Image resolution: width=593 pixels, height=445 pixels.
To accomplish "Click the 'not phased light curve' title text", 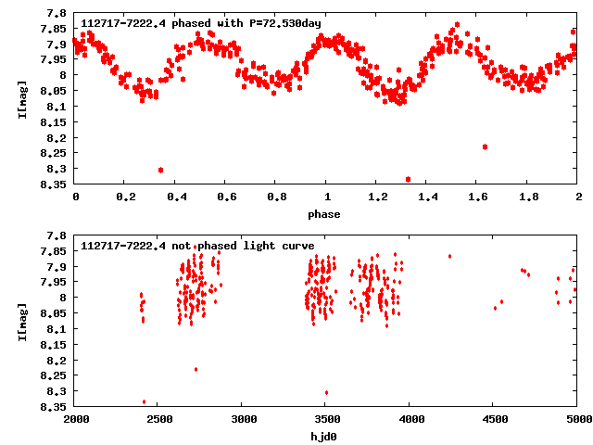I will (x=197, y=246).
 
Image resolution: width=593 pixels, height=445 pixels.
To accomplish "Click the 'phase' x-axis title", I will (x=326, y=214).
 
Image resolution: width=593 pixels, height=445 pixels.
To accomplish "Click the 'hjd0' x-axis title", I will (x=326, y=437).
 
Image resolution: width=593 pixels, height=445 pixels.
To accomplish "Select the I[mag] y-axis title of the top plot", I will (x=22, y=97).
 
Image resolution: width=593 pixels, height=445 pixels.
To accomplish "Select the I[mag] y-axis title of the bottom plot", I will (x=22, y=320).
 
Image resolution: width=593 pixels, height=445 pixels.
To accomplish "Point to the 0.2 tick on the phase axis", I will (x=125, y=197).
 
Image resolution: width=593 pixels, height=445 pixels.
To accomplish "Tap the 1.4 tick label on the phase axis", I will (x=427, y=197).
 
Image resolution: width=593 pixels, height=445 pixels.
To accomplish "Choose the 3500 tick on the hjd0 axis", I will (x=326, y=420).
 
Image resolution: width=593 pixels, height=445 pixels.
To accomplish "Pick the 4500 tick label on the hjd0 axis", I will (x=494, y=420).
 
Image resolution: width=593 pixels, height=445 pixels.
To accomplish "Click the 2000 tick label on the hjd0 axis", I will (x=75, y=420).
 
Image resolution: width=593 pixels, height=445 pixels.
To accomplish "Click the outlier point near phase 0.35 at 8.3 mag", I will (x=161, y=170).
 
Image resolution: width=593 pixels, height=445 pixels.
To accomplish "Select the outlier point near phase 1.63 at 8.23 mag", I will (x=486, y=146).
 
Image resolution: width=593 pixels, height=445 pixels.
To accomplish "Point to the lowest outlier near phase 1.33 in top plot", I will (x=409, y=179).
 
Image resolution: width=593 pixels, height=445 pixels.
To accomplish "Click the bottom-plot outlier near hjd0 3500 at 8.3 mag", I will (x=326, y=392).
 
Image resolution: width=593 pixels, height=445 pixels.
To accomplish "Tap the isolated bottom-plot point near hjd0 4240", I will (x=450, y=256).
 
